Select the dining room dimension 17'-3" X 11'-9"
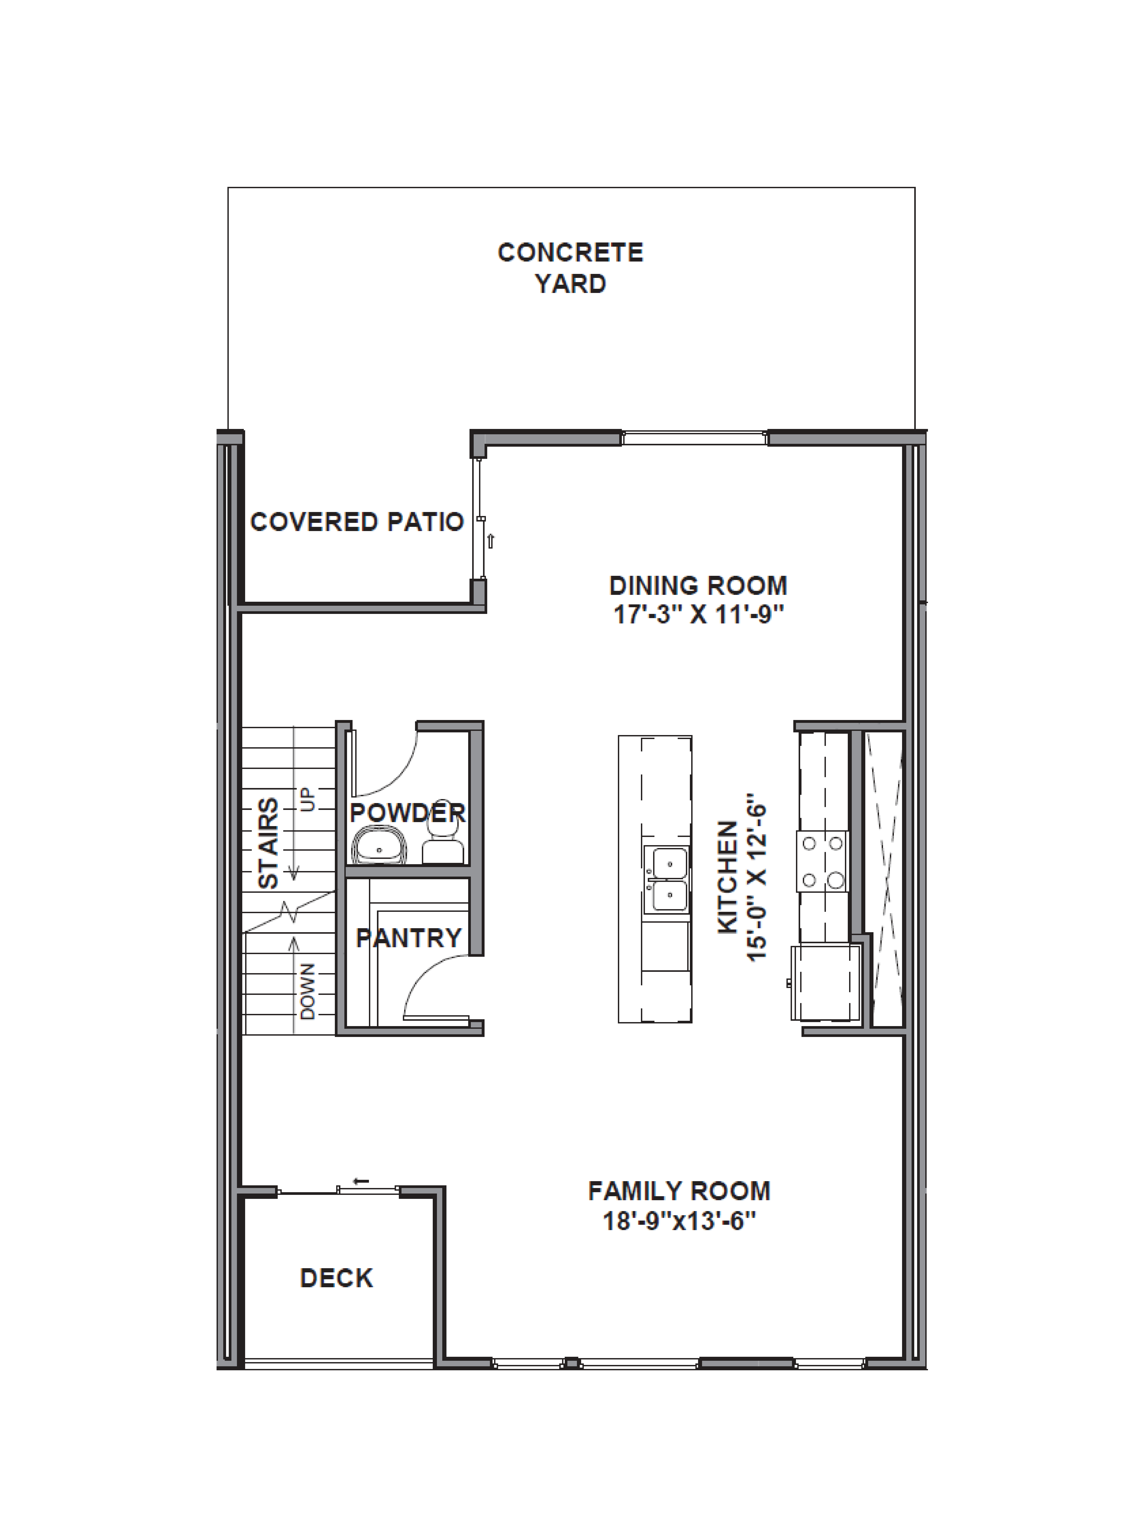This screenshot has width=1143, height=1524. click(699, 614)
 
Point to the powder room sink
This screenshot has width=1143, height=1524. click(379, 847)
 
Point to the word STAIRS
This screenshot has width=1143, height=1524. click(268, 843)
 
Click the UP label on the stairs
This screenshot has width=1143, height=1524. click(307, 799)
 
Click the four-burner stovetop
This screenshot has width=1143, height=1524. click(823, 861)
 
